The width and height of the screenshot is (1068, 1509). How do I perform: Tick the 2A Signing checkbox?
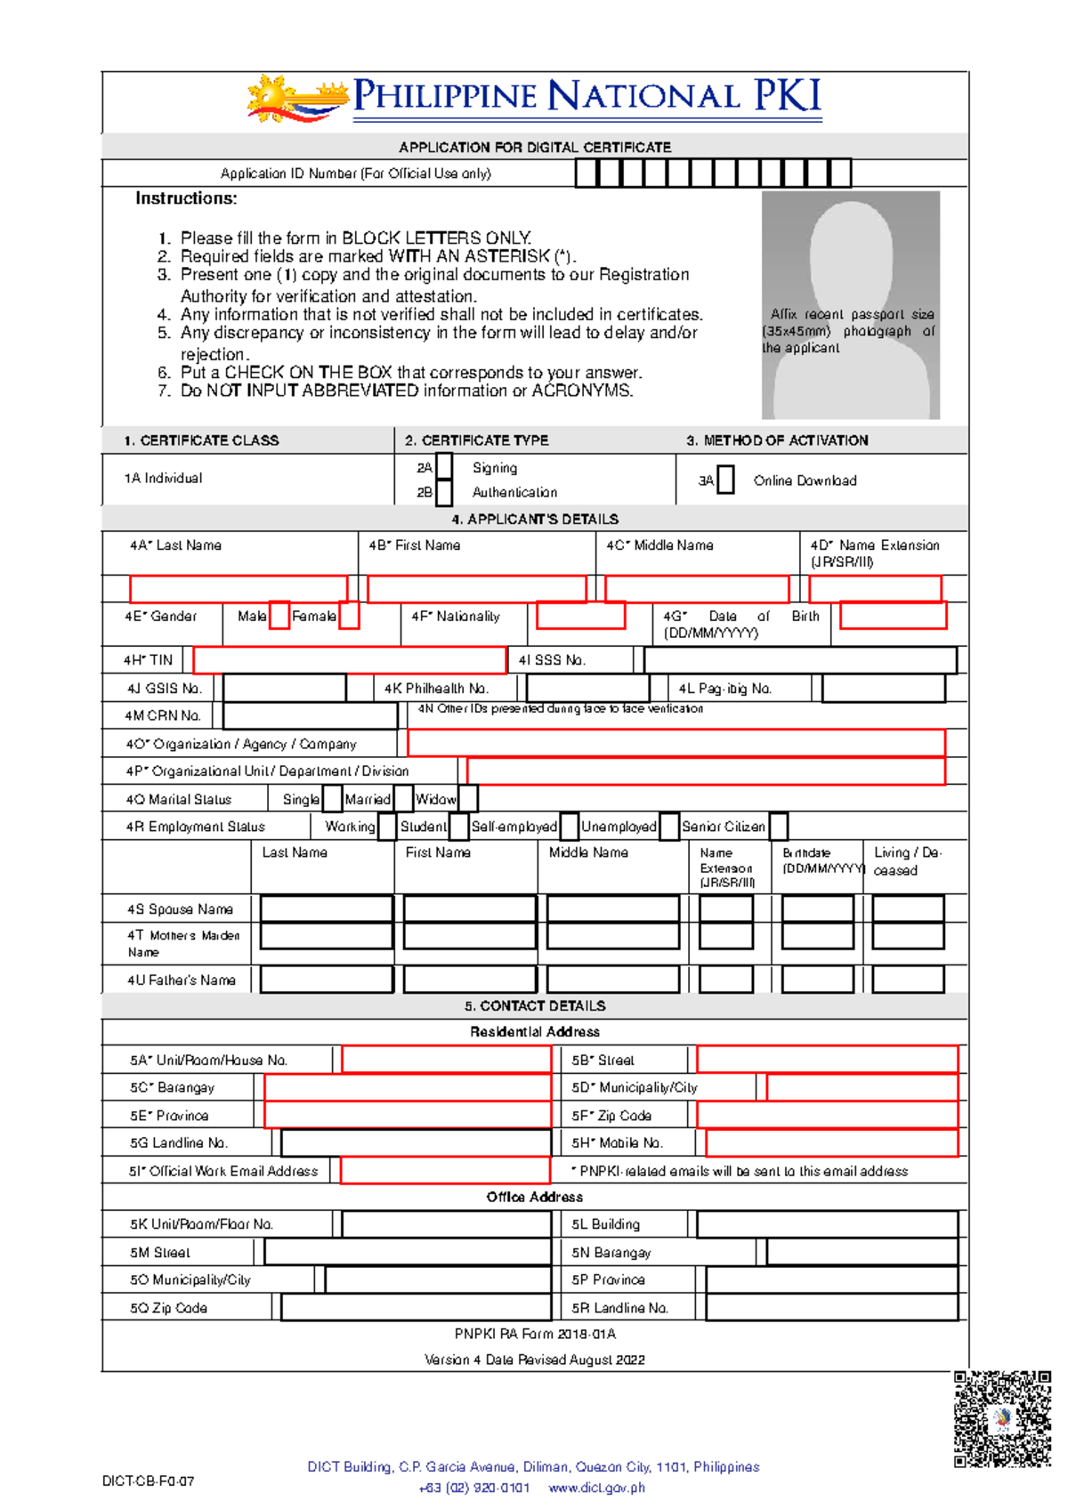click(x=444, y=466)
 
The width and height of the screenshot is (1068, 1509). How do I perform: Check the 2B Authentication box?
click(x=444, y=492)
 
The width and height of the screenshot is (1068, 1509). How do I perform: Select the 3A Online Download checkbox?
click(x=725, y=480)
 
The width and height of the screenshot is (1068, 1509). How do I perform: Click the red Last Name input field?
click(x=239, y=589)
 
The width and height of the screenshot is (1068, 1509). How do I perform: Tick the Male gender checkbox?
click(x=279, y=616)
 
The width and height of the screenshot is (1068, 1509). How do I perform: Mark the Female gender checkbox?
click(x=349, y=616)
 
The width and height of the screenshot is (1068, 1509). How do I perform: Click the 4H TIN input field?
click(x=349, y=660)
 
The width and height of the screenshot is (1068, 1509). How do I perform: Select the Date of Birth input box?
click(x=893, y=615)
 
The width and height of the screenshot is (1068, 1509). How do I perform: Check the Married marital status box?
click(x=403, y=798)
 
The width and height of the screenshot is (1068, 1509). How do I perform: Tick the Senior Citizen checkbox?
click(x=778, y=826)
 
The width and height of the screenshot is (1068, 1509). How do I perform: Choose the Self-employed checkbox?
click(x=570, y=826)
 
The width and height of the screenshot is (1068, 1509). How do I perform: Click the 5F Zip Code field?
click(x=827, y=1115)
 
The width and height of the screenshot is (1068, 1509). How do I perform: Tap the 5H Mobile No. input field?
click(x=831, y=1142)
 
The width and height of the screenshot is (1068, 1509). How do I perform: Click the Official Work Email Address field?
click(x=445, y=1170)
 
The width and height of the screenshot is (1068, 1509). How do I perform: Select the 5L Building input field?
click(x=827, y=1224)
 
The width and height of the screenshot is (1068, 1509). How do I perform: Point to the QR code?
click(x=1002, y=1418)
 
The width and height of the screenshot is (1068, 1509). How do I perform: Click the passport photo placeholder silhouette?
click(x=851, y=304)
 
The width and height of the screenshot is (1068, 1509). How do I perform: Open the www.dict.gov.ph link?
click(x=596, y=1488)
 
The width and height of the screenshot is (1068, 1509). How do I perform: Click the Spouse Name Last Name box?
click(x=326, y=908)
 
